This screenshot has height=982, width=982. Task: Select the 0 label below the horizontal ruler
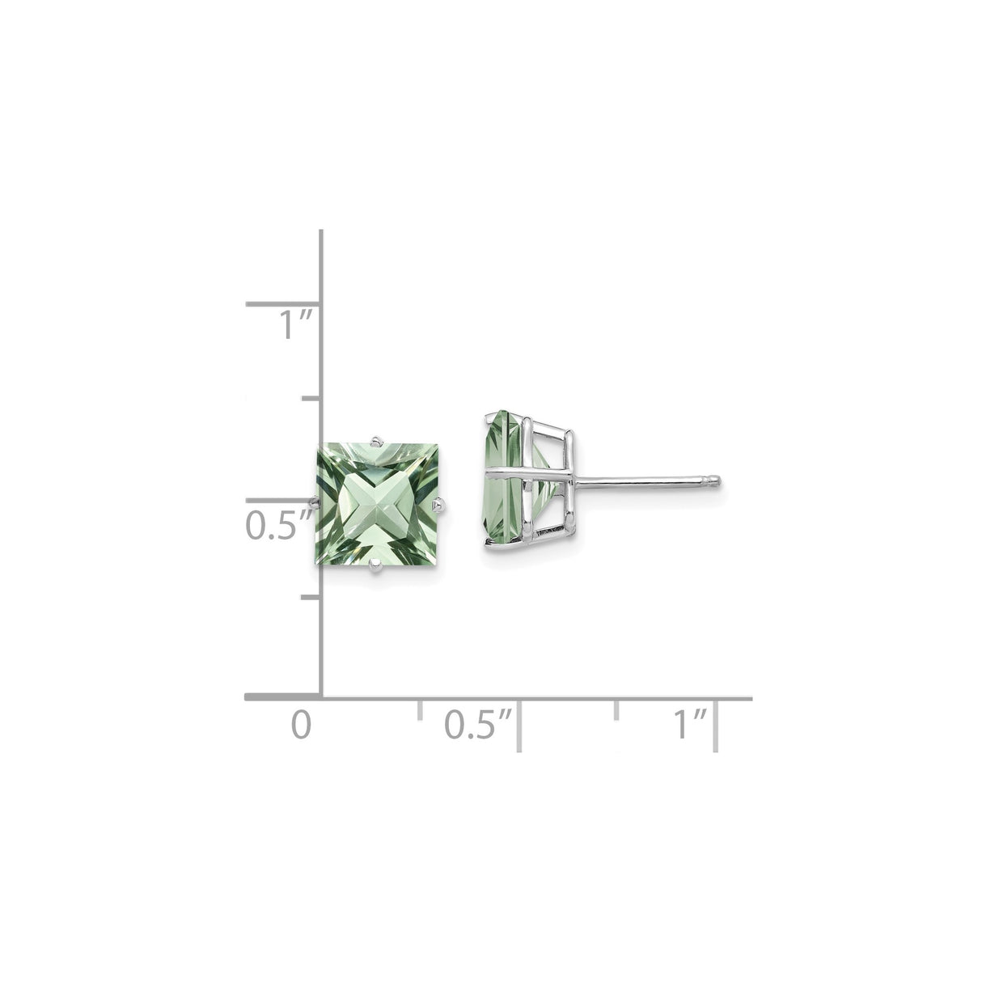301,724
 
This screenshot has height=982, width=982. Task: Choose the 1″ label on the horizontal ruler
692,724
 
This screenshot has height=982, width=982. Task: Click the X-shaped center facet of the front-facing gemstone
375,506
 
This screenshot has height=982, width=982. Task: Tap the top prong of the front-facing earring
376,440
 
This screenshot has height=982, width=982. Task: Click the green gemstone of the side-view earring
504,480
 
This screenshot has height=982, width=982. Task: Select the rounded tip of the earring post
716,483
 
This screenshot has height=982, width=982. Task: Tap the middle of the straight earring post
643,483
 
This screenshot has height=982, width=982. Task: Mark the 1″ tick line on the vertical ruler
283,305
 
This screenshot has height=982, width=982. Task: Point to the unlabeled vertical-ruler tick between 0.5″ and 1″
311,399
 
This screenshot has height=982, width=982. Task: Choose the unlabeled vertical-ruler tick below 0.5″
311,598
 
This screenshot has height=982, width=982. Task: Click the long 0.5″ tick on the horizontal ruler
519,726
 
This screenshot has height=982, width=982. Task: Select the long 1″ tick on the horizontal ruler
717,726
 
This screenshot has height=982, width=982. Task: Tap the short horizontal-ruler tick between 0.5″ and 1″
618,709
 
